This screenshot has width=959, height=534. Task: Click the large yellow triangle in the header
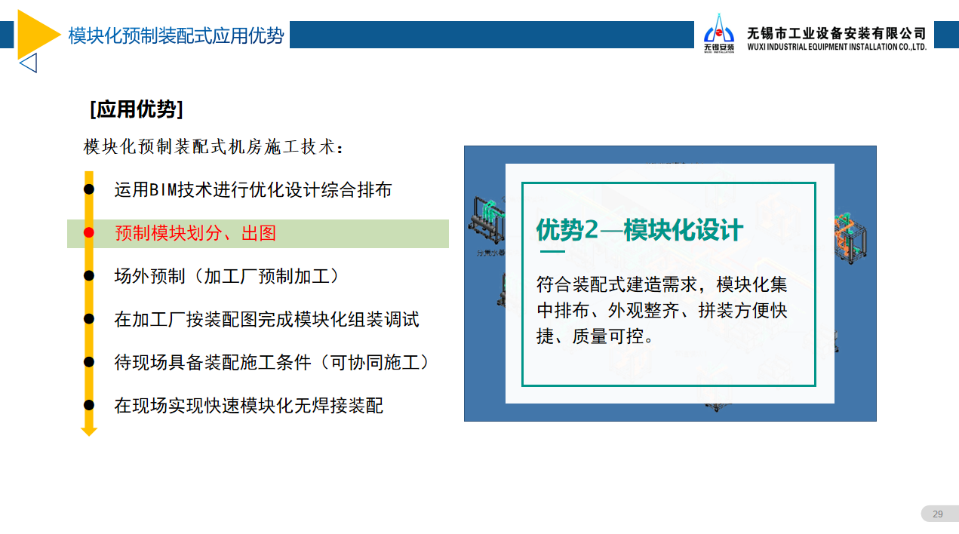click(x=34, y=35)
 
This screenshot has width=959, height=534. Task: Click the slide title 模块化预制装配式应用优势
click(x=176, y=35)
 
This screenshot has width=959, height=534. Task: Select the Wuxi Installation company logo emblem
click(x=719, y=33)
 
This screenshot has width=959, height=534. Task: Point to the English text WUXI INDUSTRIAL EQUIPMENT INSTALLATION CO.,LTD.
click(x=837, y=47)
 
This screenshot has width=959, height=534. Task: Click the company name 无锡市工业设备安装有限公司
click(x=837, y=33)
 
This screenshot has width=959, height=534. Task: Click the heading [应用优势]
click(x=137, y=109)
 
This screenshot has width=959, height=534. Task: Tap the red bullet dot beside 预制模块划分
click(x=88, y=232)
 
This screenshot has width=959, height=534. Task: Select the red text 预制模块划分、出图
click(x=195, y=233)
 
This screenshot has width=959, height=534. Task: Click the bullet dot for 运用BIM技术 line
click(x=88, y=189)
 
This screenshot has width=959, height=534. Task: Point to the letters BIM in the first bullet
click(x=163, y=190)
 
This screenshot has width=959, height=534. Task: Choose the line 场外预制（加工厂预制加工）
click(x=227, y=276)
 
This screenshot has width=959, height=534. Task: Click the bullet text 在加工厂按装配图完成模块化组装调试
click(x=266, y=319)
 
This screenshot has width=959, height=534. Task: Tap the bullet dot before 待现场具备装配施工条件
click(x=88, y=362)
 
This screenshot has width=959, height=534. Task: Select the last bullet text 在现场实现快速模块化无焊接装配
click(x=248, y=406)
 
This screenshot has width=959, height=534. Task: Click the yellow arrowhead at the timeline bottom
click(x=89, y=431)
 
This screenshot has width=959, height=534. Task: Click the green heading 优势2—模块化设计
click(x=640, y=230)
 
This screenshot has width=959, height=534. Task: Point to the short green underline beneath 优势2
click(x=552, y=251)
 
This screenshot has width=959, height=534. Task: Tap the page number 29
click(x=938, y=514)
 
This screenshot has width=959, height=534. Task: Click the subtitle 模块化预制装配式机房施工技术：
click(x=214, y=147)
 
